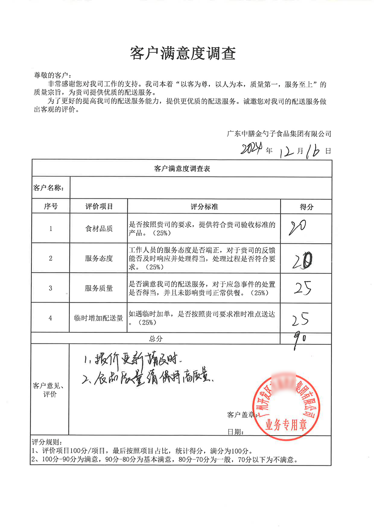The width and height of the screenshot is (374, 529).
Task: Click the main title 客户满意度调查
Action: point(183,53)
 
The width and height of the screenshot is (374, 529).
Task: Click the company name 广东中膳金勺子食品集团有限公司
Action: point(279,134)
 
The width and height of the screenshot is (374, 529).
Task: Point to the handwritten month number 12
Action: point(287,152)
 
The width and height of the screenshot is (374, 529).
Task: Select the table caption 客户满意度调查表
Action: point(182,169)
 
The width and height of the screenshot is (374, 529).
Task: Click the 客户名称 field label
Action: point(49,188)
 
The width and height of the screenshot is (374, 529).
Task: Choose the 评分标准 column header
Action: point(204,207)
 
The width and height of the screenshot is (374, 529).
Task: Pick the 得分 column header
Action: point(306,207)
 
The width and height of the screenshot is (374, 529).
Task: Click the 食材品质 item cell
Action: point(99,229)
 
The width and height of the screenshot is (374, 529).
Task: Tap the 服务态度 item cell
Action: point(99,259)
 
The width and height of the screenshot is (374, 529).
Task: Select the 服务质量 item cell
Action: point(99,288)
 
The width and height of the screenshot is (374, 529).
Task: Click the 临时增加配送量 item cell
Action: point(99,318)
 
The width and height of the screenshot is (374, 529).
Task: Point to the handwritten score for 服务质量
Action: point(302,288)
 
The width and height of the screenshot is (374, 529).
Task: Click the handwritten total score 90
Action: point(300,339)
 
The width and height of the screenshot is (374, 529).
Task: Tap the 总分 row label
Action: point(156,339)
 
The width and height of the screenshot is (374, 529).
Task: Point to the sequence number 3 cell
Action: point(50,288)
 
